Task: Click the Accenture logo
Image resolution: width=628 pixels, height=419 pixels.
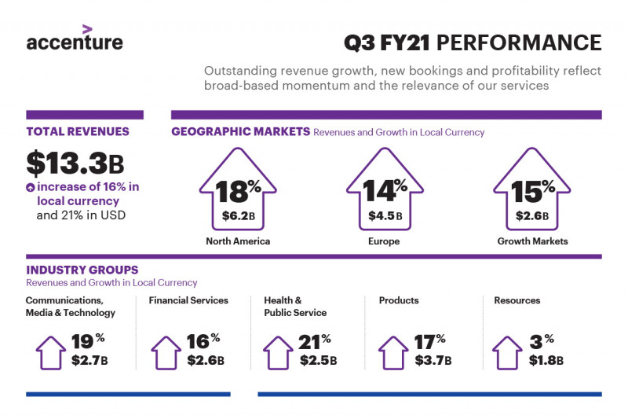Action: (75, 38)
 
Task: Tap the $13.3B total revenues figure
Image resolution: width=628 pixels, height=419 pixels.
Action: (75, 164)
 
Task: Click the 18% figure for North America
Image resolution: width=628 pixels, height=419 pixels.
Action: (239, 192)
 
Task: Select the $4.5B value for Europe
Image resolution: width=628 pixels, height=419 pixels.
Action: (385, 216)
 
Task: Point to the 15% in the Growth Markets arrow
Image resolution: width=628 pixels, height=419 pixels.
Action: (533, 191)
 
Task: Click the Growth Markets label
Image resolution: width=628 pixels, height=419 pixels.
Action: (533, 241)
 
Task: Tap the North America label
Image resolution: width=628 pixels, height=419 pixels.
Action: (238, 241)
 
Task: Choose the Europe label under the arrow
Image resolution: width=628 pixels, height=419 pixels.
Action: (384, 241)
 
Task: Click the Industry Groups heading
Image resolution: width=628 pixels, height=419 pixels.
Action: (82, 270)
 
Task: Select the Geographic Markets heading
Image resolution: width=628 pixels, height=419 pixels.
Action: (241, 131)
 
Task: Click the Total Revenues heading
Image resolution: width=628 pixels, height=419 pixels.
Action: (78, 131)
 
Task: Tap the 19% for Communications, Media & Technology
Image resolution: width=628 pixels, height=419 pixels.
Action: (88, 342)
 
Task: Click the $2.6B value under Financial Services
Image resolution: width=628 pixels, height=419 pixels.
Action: (206, 360)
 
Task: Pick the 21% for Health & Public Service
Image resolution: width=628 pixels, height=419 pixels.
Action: (315, 342)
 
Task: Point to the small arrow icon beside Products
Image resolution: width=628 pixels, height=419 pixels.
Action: (393, 352)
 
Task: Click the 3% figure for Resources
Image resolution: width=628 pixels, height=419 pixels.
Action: (542, 342)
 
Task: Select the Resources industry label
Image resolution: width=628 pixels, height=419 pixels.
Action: (517, 300)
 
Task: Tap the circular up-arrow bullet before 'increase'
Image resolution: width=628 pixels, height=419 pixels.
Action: (31, 187)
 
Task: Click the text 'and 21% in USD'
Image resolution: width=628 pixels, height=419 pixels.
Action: (81, 215)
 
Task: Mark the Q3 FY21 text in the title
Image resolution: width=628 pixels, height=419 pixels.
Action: (387, 43)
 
